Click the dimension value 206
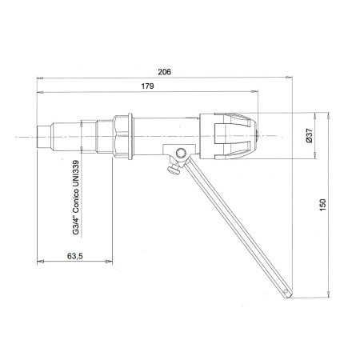pos(165,71)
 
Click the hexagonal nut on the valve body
pos(123,135)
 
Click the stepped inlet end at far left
pos(45,135)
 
